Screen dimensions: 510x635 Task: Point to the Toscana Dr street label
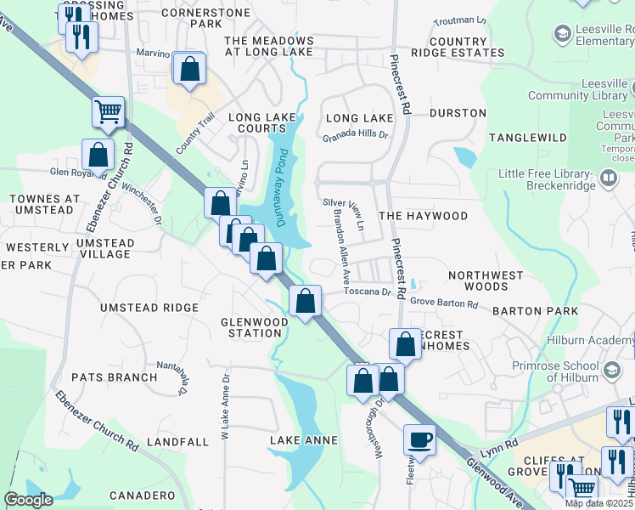pyautogui.click(x=367, y=292)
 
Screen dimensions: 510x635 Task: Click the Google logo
pyautogui.click(x=28, y=500)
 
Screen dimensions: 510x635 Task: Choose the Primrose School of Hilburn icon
pyautogui.click(x=610, y=369)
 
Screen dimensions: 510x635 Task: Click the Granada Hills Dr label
pyautogui.click(x=355, y=135)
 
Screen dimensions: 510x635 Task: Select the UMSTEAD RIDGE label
pyautogui.click(x=149, y=307)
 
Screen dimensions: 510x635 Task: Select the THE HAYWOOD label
pyautogui.click(x=423, y=216)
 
